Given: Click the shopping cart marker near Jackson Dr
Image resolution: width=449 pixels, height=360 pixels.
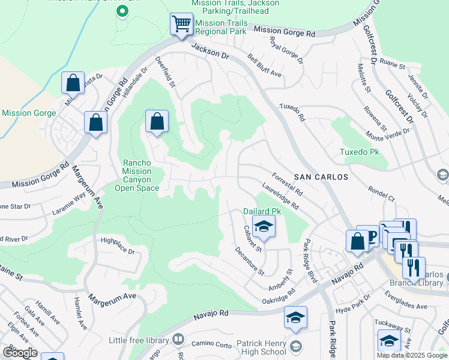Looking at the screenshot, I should [181, 25].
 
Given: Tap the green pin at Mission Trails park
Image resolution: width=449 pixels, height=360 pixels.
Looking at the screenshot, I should [122, 11].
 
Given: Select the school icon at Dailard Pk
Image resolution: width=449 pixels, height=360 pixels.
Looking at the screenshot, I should [262, 227].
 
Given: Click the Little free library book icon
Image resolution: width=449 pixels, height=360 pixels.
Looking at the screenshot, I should [178, 340].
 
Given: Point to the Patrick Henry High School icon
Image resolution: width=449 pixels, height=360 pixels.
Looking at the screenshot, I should [295, 346].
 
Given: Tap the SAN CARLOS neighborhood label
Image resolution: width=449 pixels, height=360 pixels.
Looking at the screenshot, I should [321, 177].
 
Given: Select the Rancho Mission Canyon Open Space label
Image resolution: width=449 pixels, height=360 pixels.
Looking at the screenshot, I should [137, 175].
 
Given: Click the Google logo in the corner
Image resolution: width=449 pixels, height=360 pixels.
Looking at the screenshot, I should [20, 353].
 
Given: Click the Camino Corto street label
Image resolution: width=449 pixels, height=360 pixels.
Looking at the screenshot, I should [211, 344].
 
